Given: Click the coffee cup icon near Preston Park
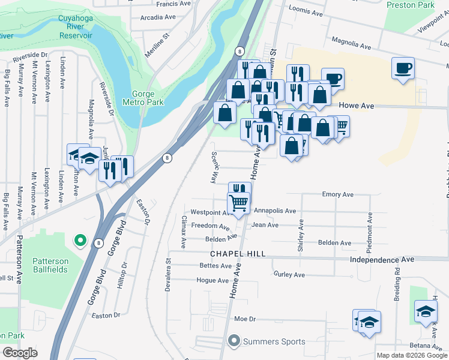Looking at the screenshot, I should click(x=403, y=67).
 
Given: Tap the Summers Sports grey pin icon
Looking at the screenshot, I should click(x=234, y=341).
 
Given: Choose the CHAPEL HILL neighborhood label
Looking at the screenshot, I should click(x=237, y=254).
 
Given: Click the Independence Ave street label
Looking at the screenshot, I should click(x=382, y=260).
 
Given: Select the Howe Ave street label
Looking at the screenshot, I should click(x=357, y=106).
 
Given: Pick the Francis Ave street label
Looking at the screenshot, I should click(x=173, y=3).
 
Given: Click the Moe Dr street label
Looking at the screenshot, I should click(x=245, y=319).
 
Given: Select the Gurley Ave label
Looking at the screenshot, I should click(x=289, y=275).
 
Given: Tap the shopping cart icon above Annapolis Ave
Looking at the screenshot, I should click(x=239, y=203).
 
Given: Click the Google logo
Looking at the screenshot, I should click(x=20, y=353).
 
